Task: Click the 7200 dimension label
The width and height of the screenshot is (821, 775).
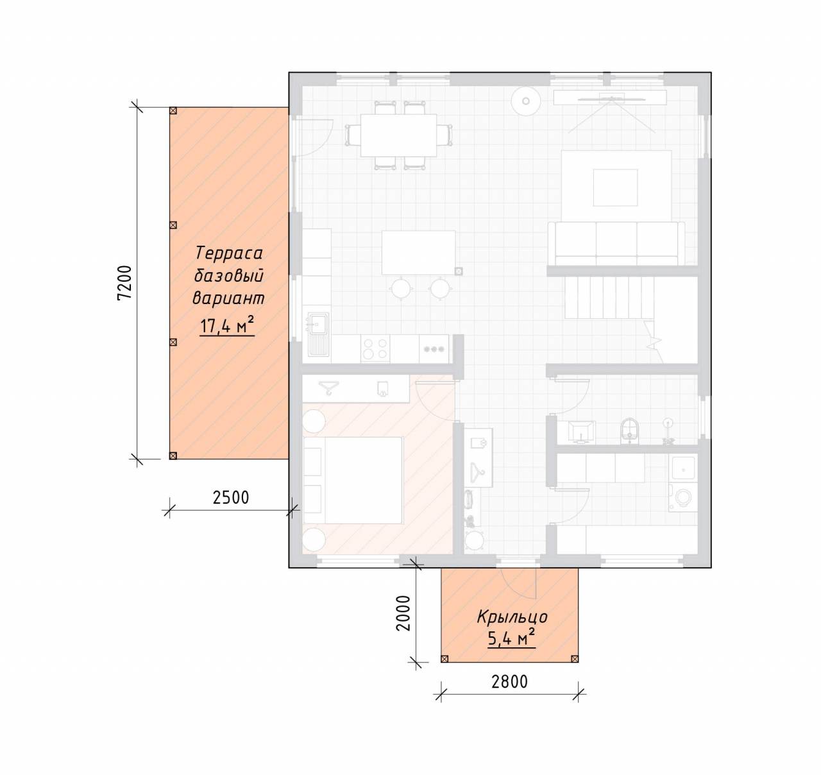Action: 124,284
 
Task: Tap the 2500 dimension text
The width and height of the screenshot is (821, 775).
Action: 231,498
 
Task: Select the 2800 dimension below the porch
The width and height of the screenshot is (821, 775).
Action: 509,681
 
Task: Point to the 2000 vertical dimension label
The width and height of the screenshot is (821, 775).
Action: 403,613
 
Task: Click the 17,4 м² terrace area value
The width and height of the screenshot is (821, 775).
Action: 227,325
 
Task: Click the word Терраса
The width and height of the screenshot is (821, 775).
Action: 228,253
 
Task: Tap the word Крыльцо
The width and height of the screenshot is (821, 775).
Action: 512,617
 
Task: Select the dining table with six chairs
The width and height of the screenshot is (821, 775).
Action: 398,135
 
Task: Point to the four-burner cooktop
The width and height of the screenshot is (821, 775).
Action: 375,349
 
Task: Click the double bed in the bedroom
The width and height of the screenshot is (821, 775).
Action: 353,480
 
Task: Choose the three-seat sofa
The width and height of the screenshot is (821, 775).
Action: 616,243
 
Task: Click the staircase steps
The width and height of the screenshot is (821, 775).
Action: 609,297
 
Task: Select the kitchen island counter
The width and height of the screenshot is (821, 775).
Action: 418,252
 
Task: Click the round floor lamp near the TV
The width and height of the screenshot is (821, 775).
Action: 526,101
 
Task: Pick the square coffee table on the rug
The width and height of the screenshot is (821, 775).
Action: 615,187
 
